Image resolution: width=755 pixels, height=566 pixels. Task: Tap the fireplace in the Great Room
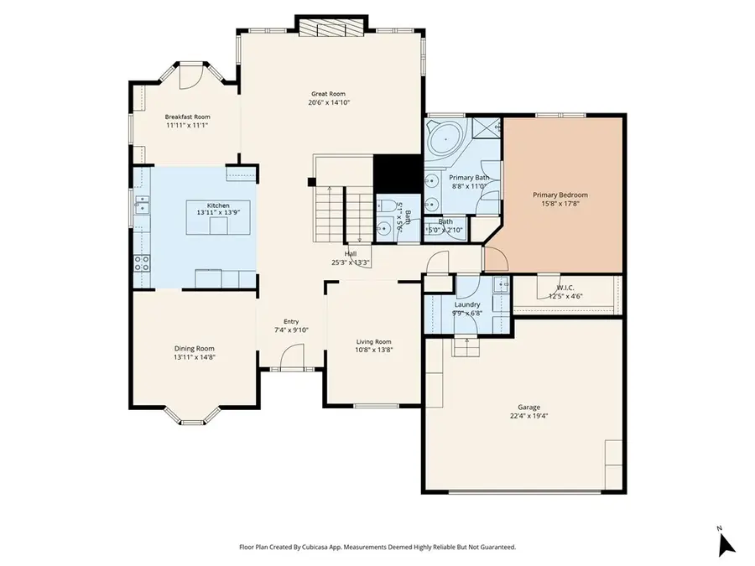tap(331, 29)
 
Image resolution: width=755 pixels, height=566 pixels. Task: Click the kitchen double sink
tap(143, 205)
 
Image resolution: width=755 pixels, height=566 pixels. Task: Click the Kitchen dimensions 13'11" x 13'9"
tap(218, 213)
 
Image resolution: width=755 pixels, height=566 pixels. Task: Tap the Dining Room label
tap(195, 348)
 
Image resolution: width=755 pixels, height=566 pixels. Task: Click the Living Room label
tap(373, 341)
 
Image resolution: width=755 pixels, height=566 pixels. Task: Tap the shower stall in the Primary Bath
tap(486, 127)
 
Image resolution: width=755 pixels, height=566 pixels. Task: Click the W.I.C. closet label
tap(565, 287)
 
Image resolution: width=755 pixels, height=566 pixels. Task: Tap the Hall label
tap(351, 253)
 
